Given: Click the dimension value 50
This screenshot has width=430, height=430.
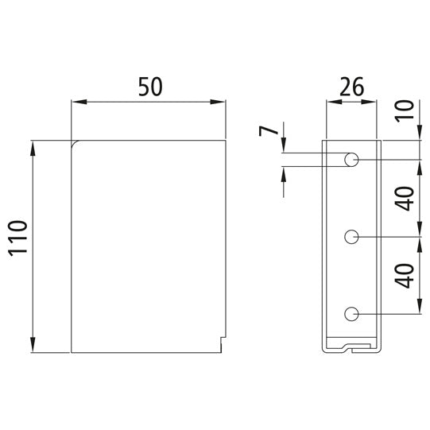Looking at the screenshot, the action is click(150, 87).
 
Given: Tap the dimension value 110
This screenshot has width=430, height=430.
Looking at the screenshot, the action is click(18, 238).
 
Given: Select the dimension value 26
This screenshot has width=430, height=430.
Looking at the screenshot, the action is click(352, 87).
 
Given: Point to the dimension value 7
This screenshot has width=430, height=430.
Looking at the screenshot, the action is click(269, 131).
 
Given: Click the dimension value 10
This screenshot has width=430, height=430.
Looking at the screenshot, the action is click(405, 110).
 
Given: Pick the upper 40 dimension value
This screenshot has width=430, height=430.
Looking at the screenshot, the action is click(405, 199).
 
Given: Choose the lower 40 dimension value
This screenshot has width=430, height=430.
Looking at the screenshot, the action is click(405, 276).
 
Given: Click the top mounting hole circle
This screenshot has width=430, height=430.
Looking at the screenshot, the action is click(351, 160).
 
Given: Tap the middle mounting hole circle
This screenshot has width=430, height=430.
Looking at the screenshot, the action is click(351, 237).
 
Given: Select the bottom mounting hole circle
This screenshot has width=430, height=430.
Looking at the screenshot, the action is click(351, 314).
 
